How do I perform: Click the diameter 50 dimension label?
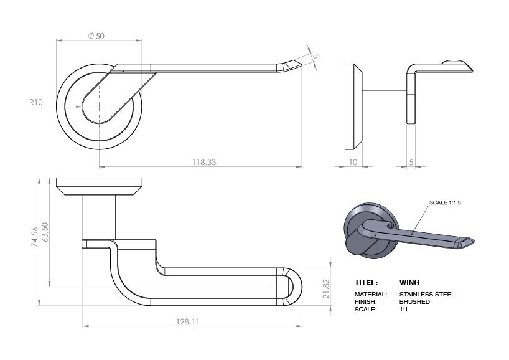click(x=96, y=36)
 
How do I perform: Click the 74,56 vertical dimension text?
click(x=35, y=237)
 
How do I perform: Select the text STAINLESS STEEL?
click(x=427, y=294)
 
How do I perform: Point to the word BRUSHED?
click(x=414, y=301)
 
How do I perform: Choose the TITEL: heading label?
click(x=366, y=282)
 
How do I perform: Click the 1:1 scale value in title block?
click(x=403, y=309)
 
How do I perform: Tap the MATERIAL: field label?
click(x=370, y=294)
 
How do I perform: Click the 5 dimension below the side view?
click(x=411, y=161)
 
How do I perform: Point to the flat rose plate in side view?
click(x=352, y=107)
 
